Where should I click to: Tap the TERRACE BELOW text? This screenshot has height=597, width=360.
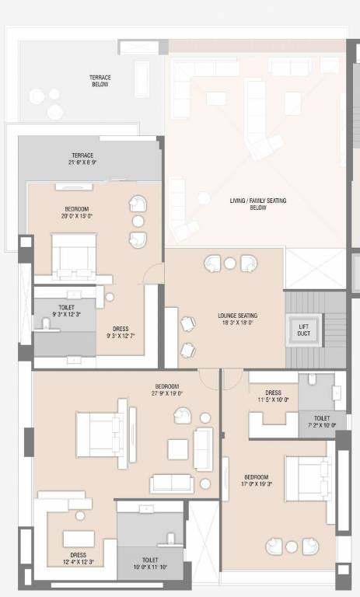pos(99,81)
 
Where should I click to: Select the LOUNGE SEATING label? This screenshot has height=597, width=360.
pos(237,316)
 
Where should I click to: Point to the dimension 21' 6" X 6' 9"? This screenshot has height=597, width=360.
pos(82,163)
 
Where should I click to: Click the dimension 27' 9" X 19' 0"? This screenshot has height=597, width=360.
pos(168,393)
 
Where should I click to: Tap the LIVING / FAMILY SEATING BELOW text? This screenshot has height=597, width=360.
pos(258,204)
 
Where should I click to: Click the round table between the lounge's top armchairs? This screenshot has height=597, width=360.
pos(230,264)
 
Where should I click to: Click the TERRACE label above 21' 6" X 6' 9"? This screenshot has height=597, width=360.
pos(82,155)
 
